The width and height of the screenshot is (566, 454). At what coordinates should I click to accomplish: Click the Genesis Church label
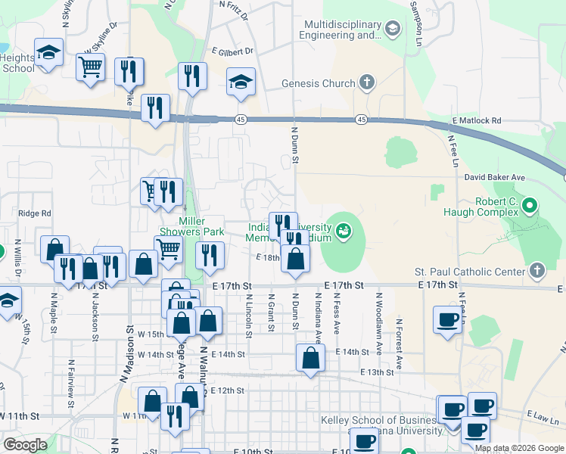tap(318, 83)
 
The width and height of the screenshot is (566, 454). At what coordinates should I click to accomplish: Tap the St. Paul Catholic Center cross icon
tap(536, 271)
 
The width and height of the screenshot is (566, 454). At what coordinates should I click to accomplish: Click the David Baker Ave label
tap(495, 177)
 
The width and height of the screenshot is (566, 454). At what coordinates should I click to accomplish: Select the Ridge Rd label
tap(34, 214)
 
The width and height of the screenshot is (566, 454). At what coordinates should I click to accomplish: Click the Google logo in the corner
tap(25, 445)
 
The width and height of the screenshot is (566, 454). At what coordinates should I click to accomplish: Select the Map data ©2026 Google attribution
tap(519, 448)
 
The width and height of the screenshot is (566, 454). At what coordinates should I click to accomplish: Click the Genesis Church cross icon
tap(367, 82)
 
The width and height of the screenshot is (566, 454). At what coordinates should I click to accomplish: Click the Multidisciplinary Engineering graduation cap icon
tap(392, 30)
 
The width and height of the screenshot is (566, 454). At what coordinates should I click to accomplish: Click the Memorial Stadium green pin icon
tap(344, 229)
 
